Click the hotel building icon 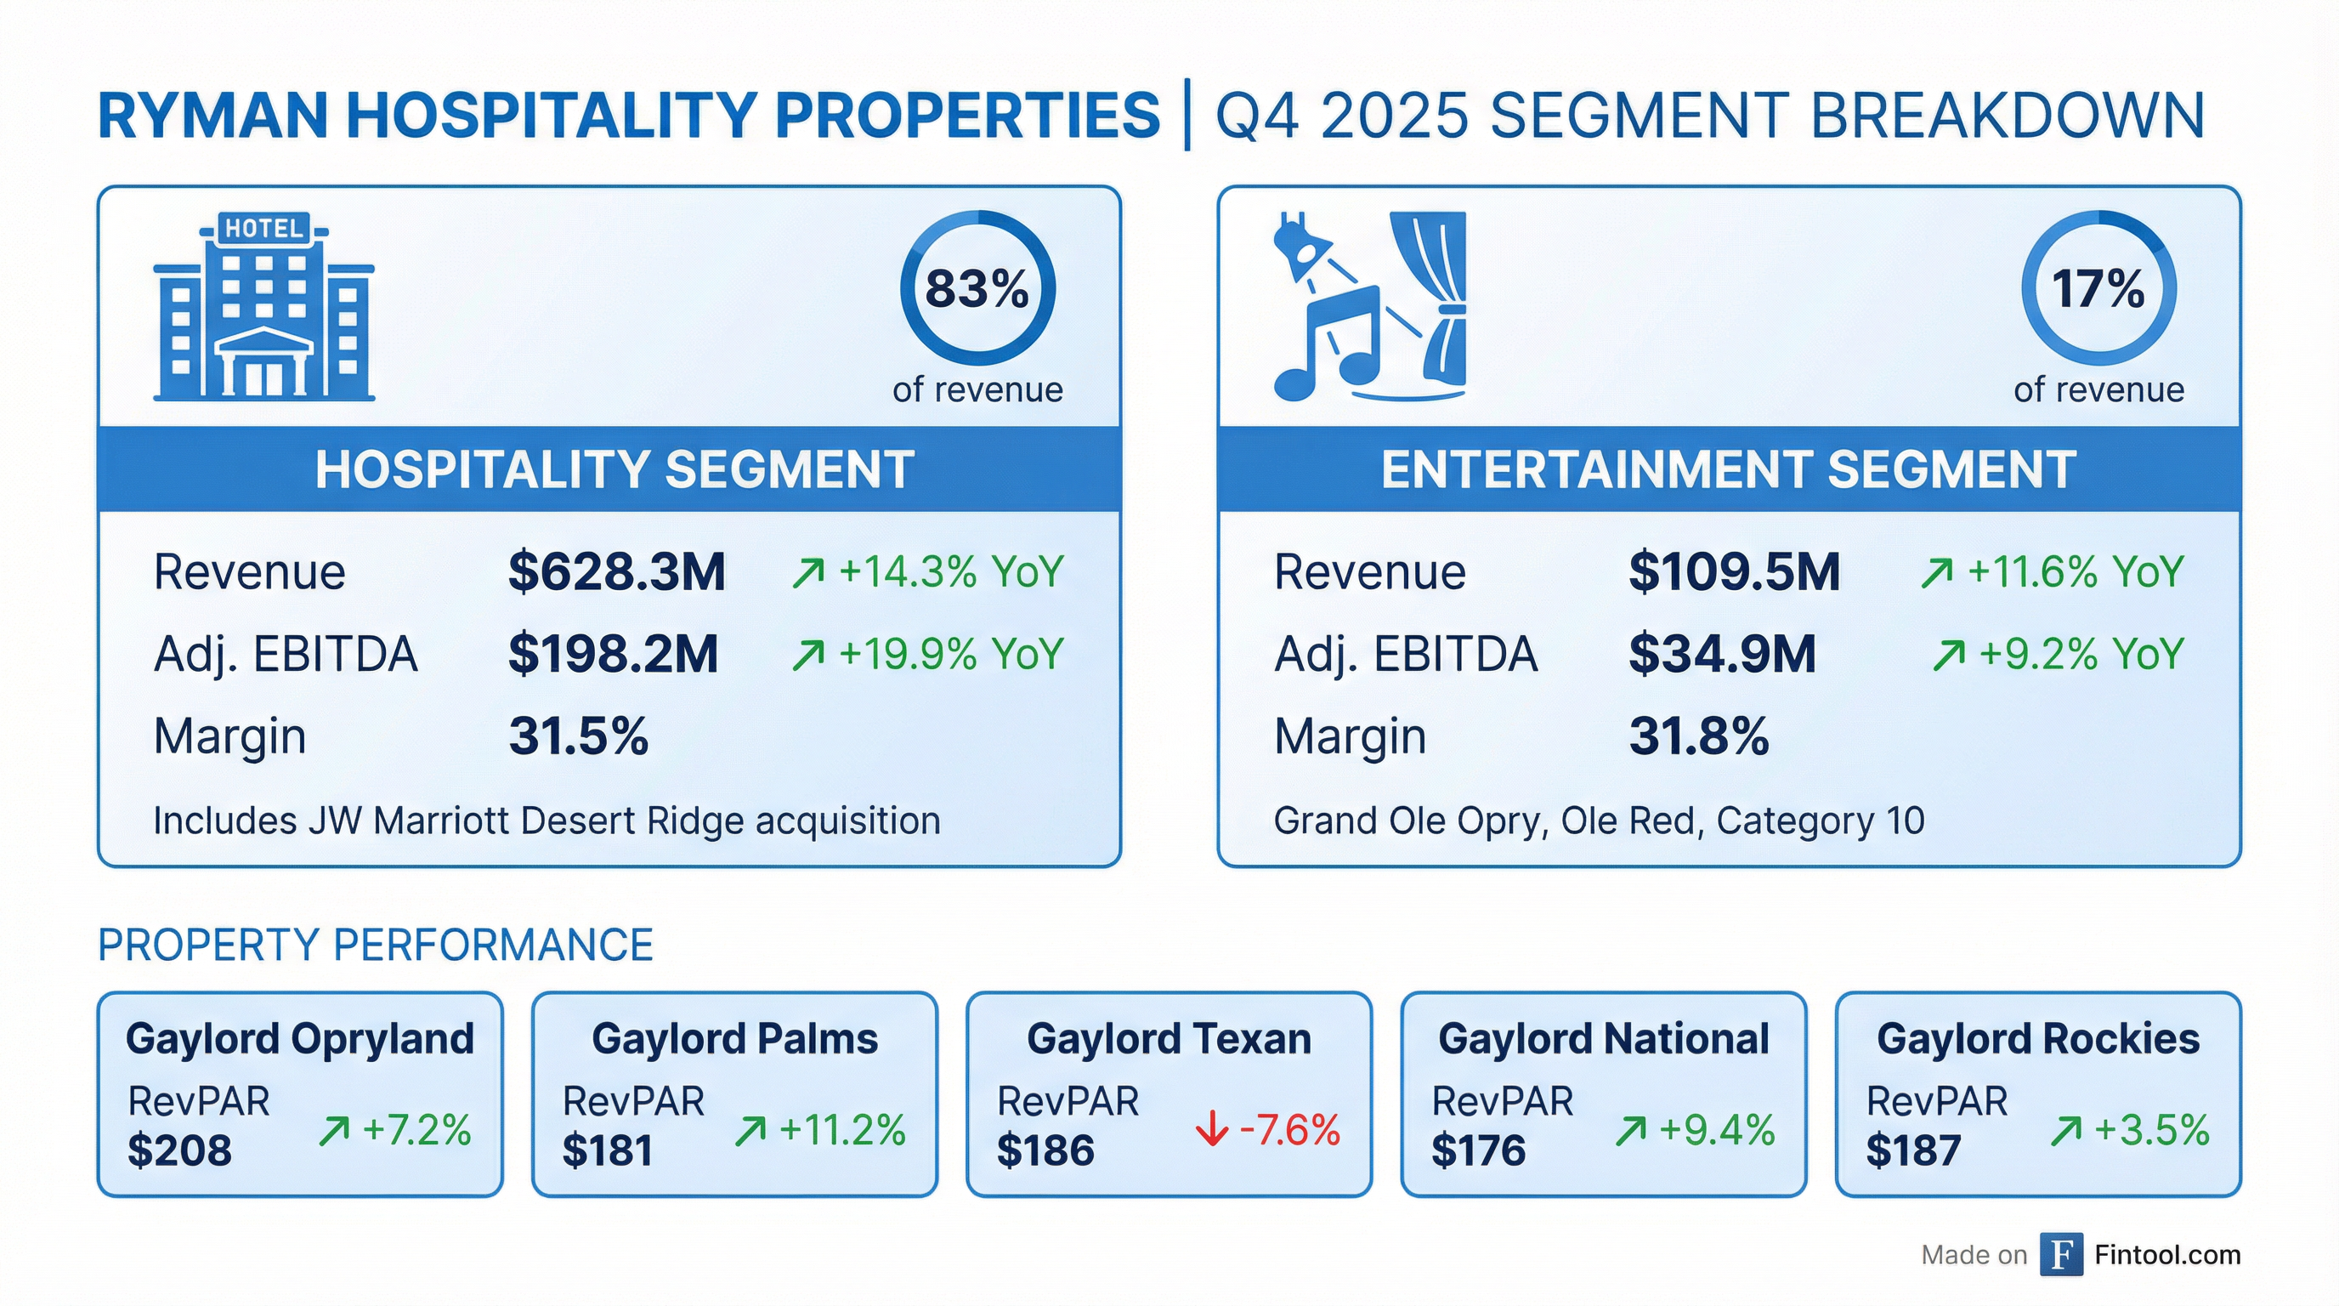[263, 306]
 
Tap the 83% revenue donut [977, 289]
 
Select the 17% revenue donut [2098, 289]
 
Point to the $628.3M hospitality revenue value [616, 572]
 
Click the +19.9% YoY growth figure [949, 654]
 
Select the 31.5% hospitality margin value [579, 735]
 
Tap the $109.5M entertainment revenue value [1733, 572]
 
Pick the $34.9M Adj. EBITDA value [1722, 654]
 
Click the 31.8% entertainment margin [1698, 735]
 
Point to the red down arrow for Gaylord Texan [1211, 1131]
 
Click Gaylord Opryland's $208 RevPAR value [180, 1150]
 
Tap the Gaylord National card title [1604, 1038]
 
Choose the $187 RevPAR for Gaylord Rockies [1913, 1150]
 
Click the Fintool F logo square [2061, 1254]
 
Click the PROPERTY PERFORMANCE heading [375, 945]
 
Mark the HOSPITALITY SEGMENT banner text [614, 469]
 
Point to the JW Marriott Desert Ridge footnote [547, 821]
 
